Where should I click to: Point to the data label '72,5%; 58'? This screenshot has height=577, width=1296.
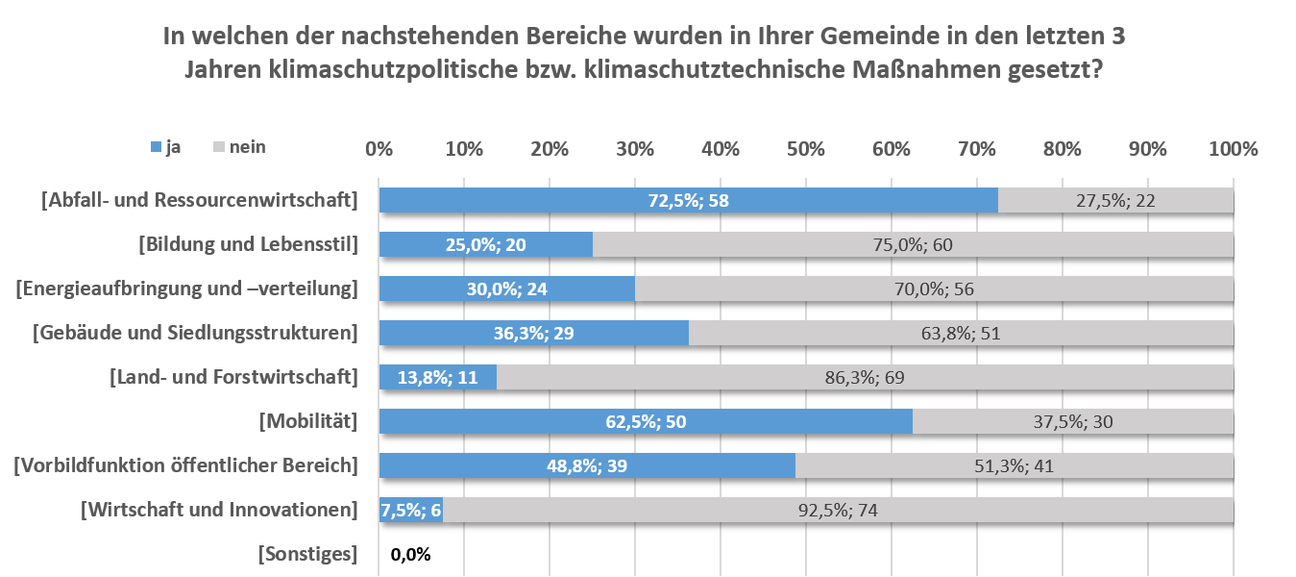689,200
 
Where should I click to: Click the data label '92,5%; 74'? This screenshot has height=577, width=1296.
838,511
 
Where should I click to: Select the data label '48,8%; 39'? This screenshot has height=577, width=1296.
588,466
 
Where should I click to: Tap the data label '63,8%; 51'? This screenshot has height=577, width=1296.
961,334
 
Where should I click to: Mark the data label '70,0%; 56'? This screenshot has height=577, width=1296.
934,289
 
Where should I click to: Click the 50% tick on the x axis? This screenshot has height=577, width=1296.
805,149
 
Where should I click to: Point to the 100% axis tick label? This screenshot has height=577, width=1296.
1233,149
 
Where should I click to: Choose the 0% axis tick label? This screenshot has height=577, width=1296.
379,149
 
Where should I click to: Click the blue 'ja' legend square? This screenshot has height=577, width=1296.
156,147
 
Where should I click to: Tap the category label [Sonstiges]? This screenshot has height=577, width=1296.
307,554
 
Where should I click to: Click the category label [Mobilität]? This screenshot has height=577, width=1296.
308,421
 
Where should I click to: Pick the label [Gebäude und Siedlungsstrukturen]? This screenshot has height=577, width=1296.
195,333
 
